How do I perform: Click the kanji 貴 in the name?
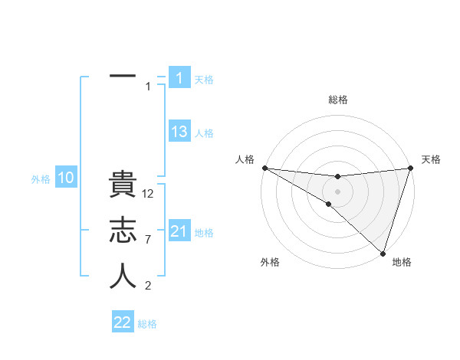click(123, 187)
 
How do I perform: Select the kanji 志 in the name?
click(123, 231)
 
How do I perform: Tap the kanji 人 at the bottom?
click(123, 277)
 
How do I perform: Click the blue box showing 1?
click(179, 77)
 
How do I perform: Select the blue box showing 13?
click(179, 132)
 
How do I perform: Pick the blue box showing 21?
click(179, 231)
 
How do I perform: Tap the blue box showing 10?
click(66, 178)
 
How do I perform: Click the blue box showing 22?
click(123, 322)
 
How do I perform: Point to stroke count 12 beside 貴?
click(149, 194)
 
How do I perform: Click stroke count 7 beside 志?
click(149, 240)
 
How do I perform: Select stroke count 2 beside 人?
click(149, 286)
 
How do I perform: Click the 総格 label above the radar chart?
click(338, 100)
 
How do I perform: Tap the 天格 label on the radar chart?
click(431, 159)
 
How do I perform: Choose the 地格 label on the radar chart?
click(402, 262)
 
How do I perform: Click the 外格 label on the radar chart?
click(270, 262)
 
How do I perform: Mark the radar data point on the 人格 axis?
click(264, 168)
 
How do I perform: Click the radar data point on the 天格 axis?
click(410, 168)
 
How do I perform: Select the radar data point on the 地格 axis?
click(383, 253)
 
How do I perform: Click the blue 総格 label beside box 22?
click(147, 324)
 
